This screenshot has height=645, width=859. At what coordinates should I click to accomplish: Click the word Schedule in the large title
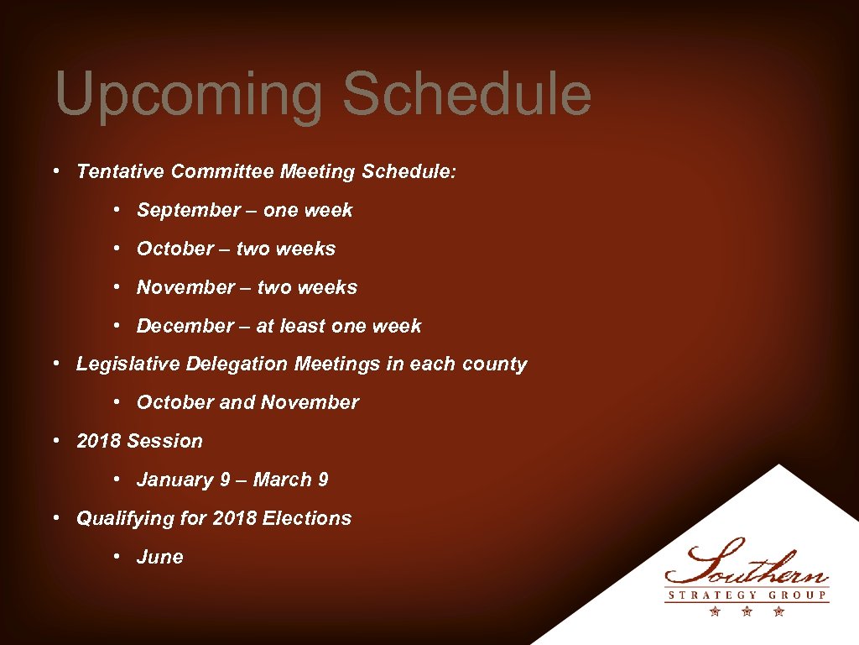coord(466,94)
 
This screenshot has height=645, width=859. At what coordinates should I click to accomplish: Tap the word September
coord(189,211)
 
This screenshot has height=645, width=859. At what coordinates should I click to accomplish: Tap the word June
coord(159,558)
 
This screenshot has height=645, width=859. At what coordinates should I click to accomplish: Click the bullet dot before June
coord(119,558)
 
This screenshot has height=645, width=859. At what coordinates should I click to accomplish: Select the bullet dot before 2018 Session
coord(55,442)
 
